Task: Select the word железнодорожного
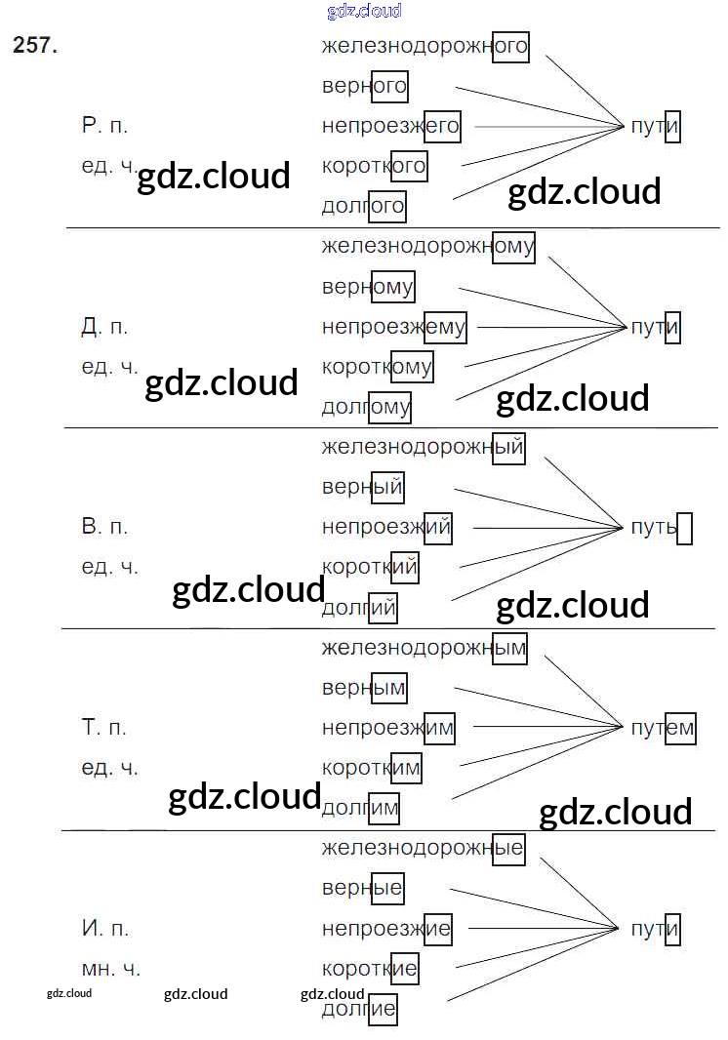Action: pos(425,45)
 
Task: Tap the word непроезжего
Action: pos(390,126)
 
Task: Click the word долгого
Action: pos(363,206)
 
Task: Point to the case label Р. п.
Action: pos(104,126)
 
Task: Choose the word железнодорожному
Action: pos(427,246)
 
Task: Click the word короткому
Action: pos(377,367)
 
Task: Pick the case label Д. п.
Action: pos(104,327)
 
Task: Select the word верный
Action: pos(362,487)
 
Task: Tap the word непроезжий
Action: pos(386,528)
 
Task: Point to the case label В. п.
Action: pos(104,528)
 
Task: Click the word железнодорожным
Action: pos(424,647)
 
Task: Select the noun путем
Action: pos(663,728)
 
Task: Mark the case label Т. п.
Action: pos(104,728)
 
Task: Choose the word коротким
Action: pos(372,768)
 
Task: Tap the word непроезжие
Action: pos(386,929)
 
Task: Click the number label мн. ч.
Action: pos(110,969)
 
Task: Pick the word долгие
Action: pos(359,1009)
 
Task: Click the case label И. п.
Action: pos(104,929)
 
